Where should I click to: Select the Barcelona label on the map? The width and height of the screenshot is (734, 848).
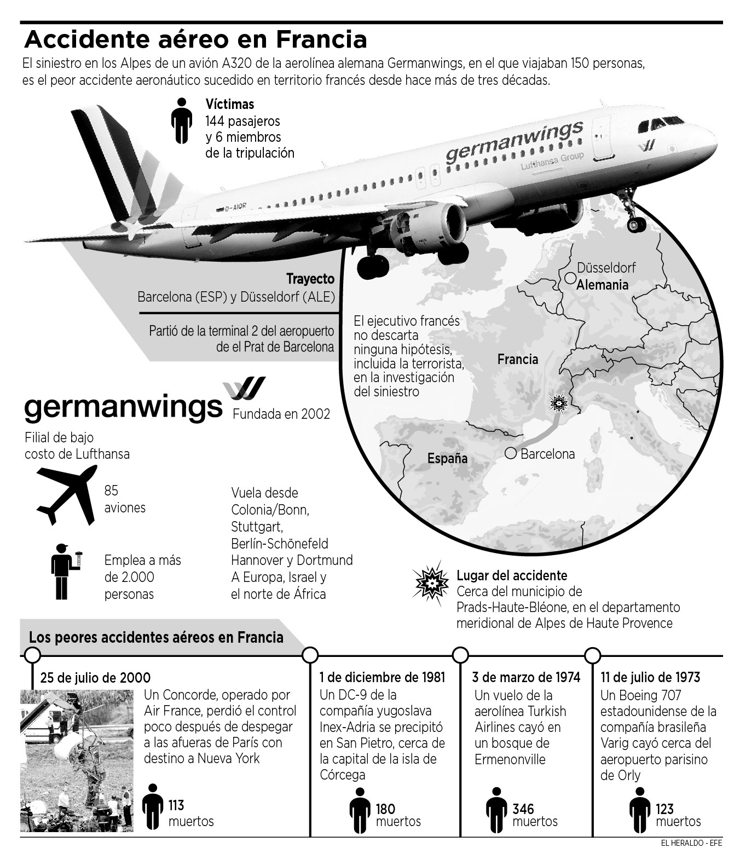(547, 454)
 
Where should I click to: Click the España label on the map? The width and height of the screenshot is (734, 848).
(447, 458)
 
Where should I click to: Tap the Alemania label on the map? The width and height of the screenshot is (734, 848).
(603, 285)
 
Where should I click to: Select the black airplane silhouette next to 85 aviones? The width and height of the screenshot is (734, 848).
(66, 494)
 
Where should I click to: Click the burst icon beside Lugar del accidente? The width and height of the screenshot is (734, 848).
(432, 584)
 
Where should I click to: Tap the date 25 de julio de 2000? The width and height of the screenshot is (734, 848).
(95, 678)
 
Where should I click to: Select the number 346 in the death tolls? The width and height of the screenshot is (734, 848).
(523, 809)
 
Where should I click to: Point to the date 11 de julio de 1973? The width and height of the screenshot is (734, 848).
(650, 677)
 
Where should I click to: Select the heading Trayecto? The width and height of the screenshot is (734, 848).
(310, 279)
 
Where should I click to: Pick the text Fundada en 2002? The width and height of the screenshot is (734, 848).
(281, 414)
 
